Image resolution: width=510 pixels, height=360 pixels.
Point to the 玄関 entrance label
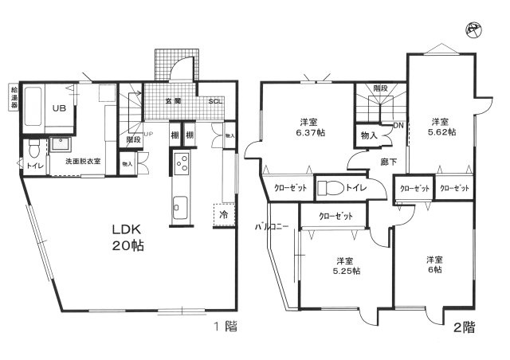[173, 101]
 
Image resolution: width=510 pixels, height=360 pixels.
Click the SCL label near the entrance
[216, 101]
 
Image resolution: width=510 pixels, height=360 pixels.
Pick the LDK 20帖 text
[127, 237]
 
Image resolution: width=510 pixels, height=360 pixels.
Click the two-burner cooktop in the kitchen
[181, 163]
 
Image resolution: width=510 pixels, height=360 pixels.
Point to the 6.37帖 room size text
[311, 132]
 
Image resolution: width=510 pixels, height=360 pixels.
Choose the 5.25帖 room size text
[344, 271]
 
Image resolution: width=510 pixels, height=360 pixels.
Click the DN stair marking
[399, 125]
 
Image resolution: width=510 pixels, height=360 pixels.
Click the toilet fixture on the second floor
[329, 189]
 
